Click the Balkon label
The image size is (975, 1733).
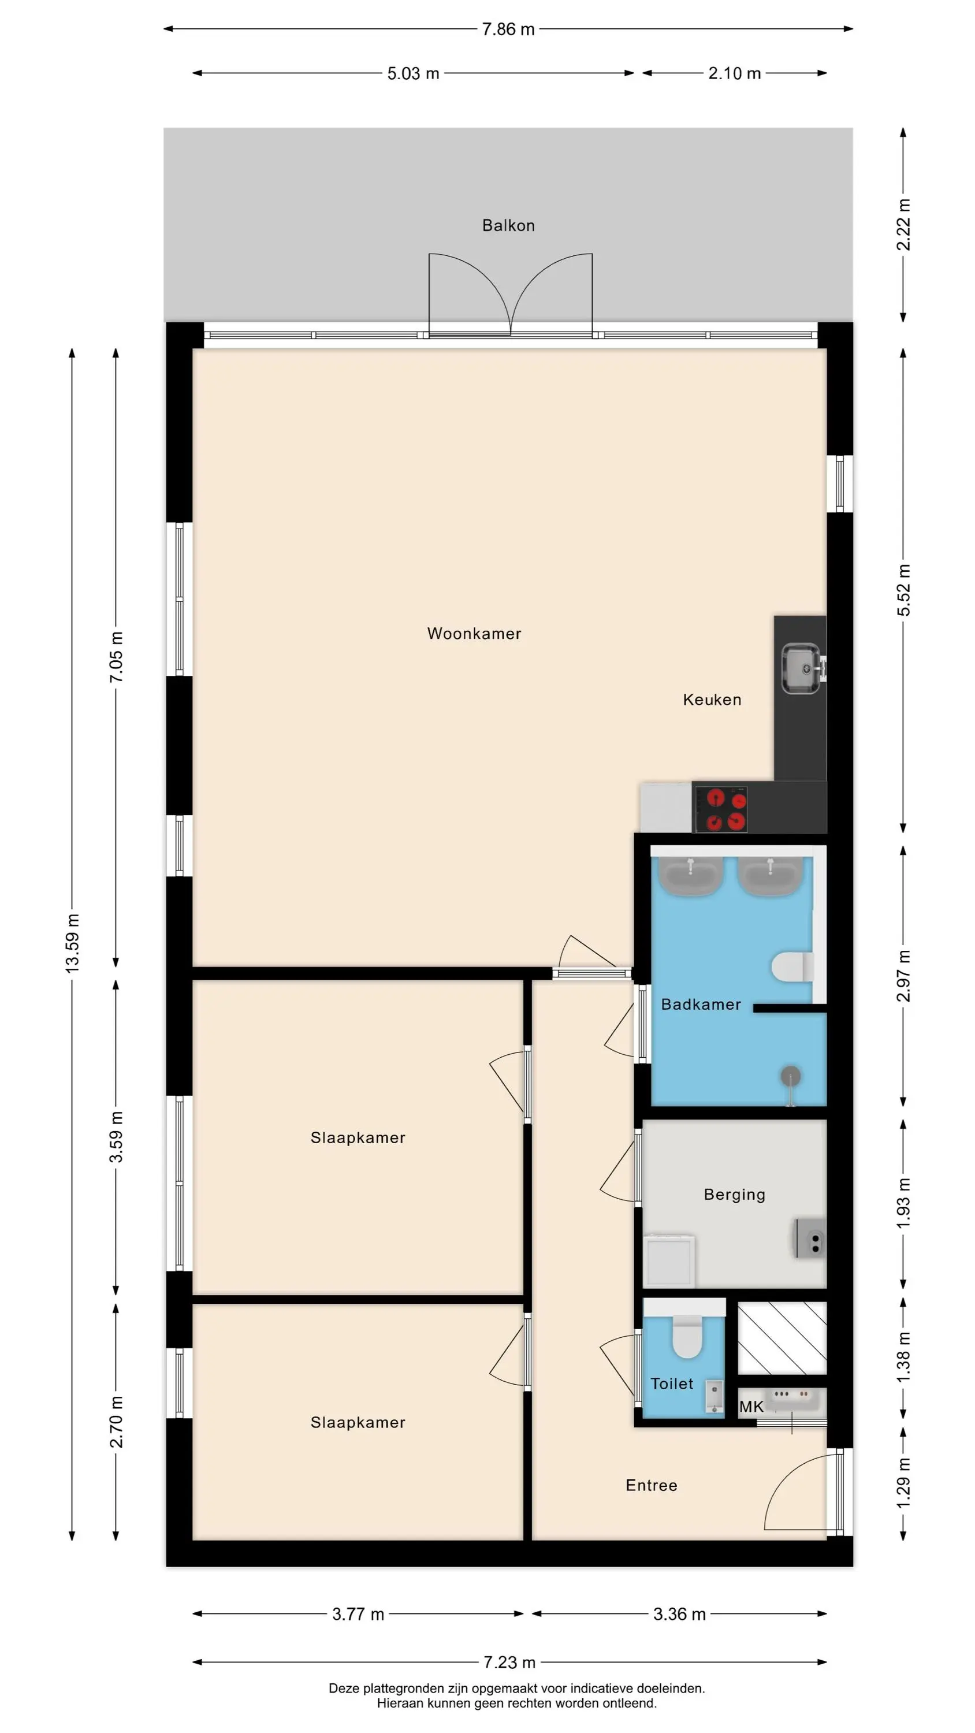[508, 225]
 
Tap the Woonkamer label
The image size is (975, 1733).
[474, 633]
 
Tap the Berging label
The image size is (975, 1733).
[735, 1194]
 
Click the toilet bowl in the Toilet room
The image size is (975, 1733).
[687, 1337]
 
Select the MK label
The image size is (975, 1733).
[751, 1406]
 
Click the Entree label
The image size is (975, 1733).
[652, 1485]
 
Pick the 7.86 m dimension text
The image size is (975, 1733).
[508, 29]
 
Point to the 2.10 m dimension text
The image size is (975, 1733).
[734, 73]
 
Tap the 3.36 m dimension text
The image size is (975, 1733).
[680, 1614]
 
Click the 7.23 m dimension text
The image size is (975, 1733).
[509, 1663]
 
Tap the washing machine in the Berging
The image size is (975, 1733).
[669, 1260]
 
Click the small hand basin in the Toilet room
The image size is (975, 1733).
[714, 1396]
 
